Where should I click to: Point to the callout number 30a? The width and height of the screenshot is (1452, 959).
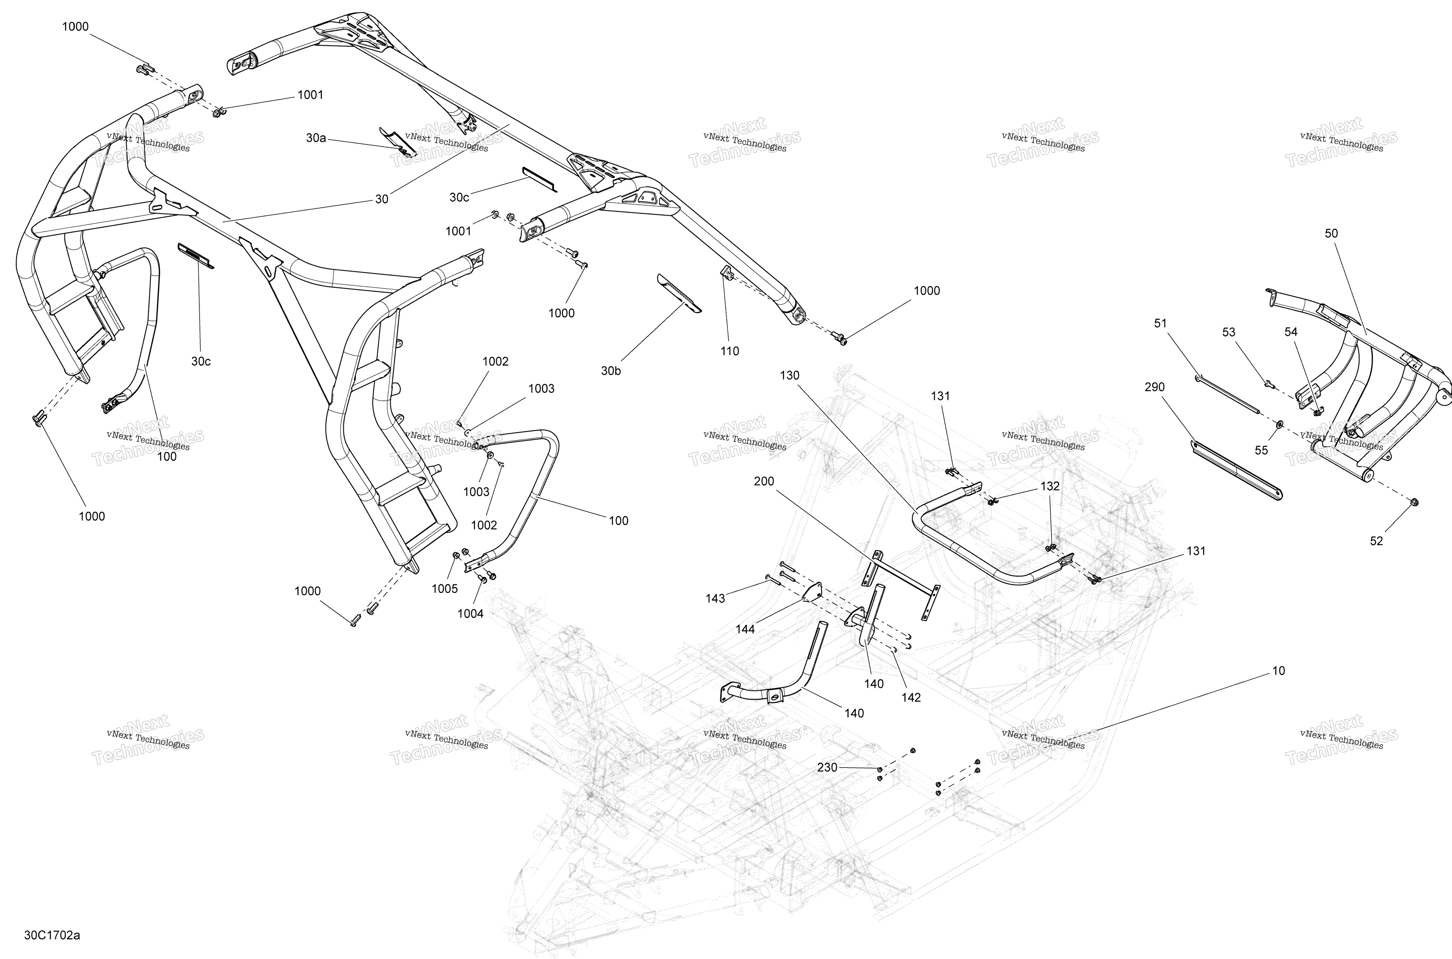[316, 138]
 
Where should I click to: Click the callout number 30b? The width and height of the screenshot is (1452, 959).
[611, 371]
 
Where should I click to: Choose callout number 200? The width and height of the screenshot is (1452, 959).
[764, 481]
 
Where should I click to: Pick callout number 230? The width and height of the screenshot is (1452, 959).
[827, 767]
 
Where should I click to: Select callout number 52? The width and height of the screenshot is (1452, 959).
[1376, 541]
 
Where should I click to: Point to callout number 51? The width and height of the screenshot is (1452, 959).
[1161, 323]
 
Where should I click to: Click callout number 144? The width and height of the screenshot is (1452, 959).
[745, 629]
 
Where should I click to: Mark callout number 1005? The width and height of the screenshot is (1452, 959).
[445, 588]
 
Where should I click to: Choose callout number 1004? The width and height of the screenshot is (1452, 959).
[471, 613]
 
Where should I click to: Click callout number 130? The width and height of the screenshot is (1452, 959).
[789, 375]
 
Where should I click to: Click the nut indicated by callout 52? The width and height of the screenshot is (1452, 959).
[1414, 503]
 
